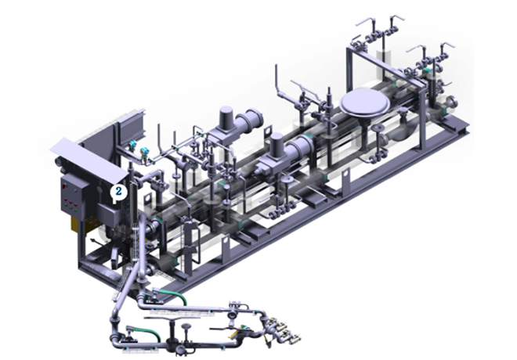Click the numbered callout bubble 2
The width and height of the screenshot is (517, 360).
tap(118, 192)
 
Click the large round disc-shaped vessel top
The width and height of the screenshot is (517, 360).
tap(365, 102)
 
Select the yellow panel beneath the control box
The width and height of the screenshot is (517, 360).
tap(76, 224)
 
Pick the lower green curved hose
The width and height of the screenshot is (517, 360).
tap(146, 332)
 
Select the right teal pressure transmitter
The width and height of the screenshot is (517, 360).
tap(144, 152)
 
